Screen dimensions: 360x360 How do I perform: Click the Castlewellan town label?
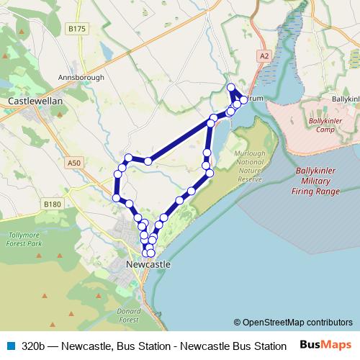coord(35,102)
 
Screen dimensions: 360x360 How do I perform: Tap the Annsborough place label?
coord(81,77)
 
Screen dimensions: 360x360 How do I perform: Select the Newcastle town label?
coord(148,264)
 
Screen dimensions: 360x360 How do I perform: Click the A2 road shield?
coord(264,55)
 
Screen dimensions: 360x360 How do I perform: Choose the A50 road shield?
coord(74,163)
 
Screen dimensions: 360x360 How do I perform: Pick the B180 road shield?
coord(53,204)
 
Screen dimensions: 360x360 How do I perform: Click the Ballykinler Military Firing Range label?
coord(315,181)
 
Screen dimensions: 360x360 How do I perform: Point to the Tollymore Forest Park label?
coord(27,240)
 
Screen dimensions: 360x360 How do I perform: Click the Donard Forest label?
coord(128,314)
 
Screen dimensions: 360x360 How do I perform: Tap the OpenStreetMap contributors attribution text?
coord(293,323)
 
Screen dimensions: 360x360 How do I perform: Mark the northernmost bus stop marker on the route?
coord(231,88)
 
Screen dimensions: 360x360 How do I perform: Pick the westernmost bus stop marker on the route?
coord(116,197)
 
